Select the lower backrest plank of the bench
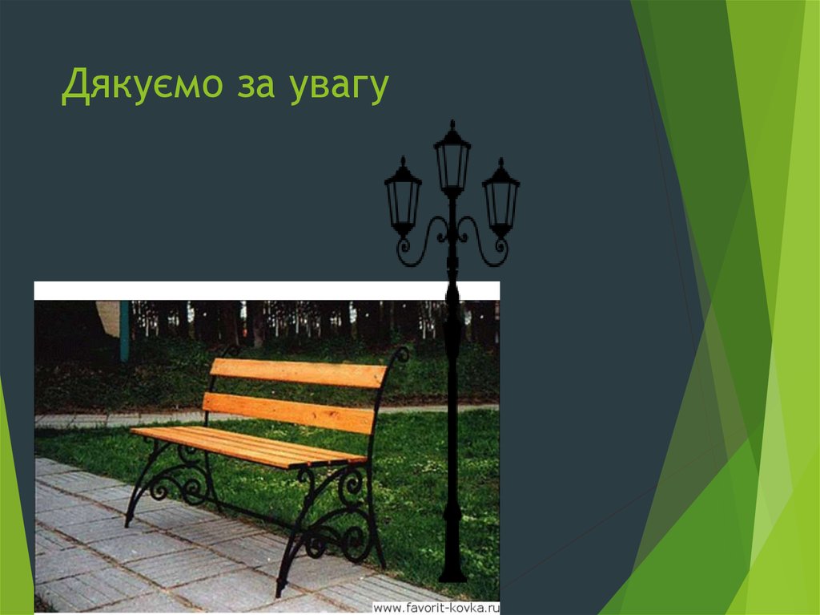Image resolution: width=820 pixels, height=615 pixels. (x=288, y=412)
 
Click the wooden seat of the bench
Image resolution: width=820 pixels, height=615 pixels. (x=248, y=446)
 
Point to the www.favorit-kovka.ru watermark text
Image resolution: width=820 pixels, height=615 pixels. (x=436, y=608)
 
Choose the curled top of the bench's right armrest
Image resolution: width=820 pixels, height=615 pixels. (x=400, y=354)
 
